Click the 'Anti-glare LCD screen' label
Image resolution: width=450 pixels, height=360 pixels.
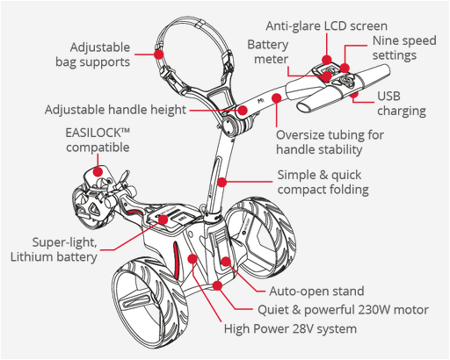click(326, 26)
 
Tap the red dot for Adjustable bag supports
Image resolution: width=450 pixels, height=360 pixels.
click(159, 54)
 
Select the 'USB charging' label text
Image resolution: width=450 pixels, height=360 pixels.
click(402, 104)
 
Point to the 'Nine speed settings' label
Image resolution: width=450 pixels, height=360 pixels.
click(404, 47)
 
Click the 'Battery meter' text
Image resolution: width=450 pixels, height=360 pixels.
click(268, 52)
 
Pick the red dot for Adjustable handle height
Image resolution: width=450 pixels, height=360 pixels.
click(243, 111)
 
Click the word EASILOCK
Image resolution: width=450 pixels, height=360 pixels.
click(93, 133)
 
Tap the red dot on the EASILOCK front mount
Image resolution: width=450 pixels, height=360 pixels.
click(98, 171)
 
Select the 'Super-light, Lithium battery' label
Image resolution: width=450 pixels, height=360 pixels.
click(54, 249)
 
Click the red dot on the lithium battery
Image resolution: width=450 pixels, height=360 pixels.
click(163, 220)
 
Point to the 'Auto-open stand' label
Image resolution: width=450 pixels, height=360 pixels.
click(316, 292)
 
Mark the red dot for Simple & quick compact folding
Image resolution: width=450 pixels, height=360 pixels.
click(222, 182)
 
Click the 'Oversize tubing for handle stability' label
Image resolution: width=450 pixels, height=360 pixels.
click(330, 142)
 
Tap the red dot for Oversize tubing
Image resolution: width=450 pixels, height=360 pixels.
click(277, 97)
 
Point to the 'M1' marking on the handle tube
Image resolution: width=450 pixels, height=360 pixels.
click(261, 101)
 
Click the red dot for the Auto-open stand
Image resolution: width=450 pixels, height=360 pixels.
click(226, 261)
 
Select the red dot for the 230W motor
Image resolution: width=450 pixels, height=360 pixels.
click(217, 285)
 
